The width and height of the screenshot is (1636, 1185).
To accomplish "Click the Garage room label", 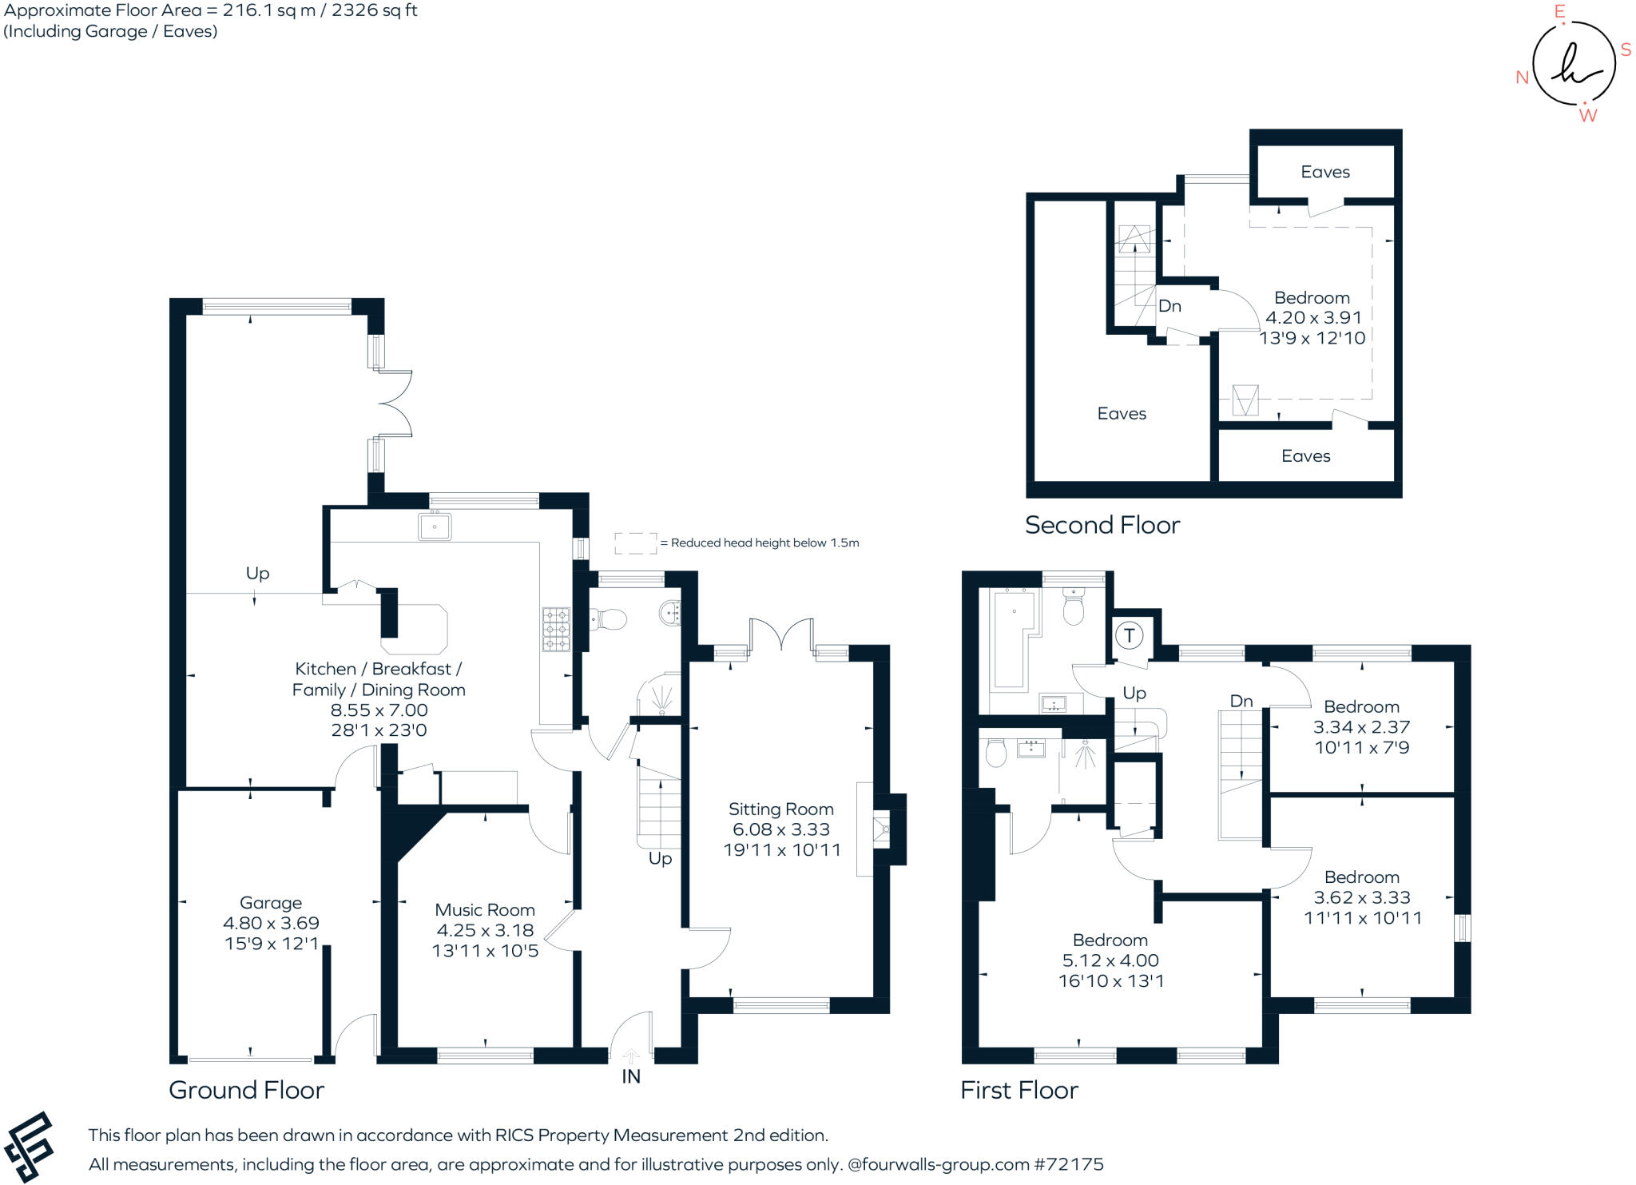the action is coord(271,903).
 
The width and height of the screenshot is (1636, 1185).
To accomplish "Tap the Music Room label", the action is coord(485,909).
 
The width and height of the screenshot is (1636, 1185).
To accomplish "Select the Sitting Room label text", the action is coord(780,809).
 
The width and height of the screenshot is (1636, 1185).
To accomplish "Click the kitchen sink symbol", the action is coord(435,526).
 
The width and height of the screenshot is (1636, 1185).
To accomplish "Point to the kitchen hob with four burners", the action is coord(557,630).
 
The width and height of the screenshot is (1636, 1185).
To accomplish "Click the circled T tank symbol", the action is coord(1130,636).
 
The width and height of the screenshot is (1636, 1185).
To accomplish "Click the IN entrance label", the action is coord(631,1077).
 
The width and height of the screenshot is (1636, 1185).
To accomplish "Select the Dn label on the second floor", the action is coord(1169,306).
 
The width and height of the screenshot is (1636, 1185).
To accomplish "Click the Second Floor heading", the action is coord(1102,525).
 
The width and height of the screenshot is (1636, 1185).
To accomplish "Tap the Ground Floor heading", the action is coord(246,1090).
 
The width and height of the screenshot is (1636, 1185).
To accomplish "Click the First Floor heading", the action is coord(1019,1090).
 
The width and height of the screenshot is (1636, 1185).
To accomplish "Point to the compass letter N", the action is coord(1523,78).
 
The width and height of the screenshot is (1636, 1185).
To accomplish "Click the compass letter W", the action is coord(1587,116).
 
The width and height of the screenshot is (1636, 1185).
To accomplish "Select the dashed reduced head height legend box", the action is coord(635,543).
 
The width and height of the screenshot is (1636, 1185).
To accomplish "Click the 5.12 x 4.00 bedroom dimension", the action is coord(1110,960).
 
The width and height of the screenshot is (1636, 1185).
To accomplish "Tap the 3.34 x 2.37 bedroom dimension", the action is coord(1361,727).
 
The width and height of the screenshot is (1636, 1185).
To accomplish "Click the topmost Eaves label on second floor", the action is coord(1325,172).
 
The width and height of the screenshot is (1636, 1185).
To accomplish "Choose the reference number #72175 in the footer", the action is coord(1069,1164).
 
